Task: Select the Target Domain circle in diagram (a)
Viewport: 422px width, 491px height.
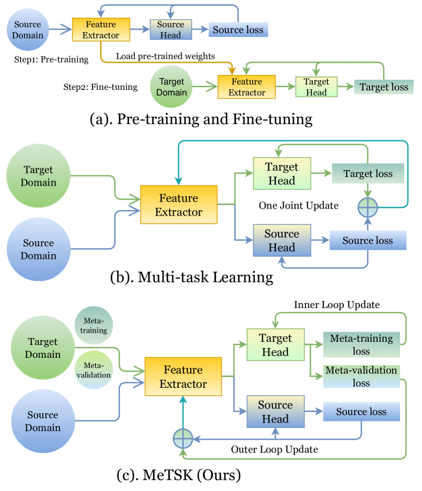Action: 172,86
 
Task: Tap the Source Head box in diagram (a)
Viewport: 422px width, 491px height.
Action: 171,30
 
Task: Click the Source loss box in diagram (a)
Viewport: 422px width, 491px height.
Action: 237,30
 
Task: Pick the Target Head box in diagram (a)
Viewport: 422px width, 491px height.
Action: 316,87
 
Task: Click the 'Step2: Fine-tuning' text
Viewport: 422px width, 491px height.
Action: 100,87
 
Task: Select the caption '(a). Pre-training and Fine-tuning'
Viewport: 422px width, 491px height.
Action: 201,118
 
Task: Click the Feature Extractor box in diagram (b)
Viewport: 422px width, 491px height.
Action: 179,205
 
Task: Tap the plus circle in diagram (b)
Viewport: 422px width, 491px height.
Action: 368,206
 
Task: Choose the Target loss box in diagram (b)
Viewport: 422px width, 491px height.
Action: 367,174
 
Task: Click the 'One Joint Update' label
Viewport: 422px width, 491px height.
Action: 298,205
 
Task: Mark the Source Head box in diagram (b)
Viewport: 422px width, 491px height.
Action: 282,241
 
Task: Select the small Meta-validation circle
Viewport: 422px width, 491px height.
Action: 94,370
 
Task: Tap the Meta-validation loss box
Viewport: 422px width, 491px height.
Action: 361,377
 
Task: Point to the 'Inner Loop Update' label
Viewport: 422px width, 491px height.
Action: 336,305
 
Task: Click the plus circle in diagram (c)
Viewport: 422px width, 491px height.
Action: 183,439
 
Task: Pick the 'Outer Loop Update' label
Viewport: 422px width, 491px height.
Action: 274,449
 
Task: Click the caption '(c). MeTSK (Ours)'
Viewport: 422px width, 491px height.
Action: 179,474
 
